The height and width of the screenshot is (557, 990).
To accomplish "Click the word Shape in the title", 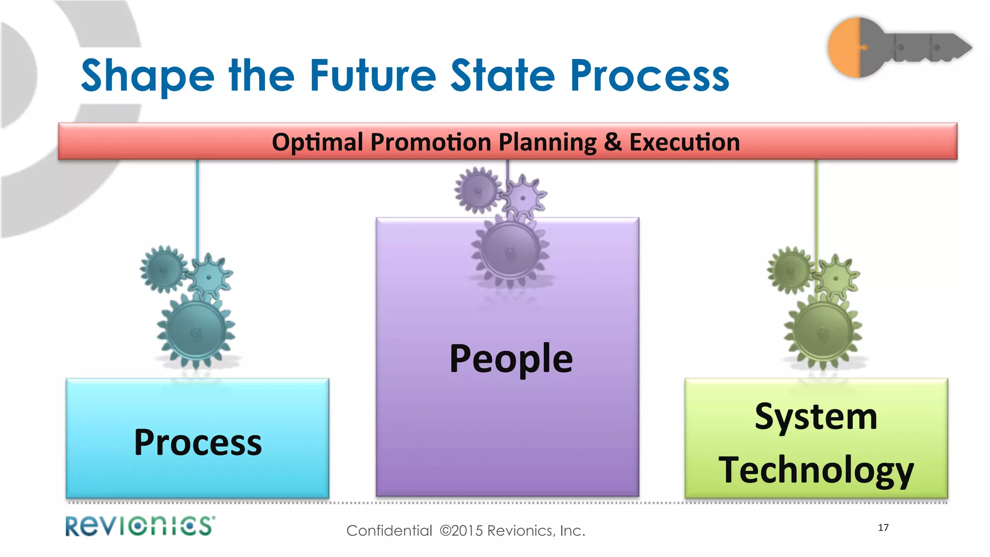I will [x=147, y=76].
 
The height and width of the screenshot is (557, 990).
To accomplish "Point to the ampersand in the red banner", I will [x=612, y=142].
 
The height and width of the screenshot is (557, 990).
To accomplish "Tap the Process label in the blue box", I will [x=198, y=442].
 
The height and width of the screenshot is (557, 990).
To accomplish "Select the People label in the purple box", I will [x=511, y=359].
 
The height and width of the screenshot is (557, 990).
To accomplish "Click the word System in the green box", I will [x=816, y=417].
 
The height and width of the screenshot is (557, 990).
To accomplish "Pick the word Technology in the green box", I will [x=816, y=470].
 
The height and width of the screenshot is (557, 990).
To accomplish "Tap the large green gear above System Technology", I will [x=823, y=332].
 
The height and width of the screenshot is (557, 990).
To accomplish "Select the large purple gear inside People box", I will [x=510, y=250].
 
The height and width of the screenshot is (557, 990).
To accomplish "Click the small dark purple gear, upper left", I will [x=478, y=190].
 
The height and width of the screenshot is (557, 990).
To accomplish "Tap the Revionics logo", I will [x=140, y=526].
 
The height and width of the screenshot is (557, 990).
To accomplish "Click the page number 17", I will [x=883, y=528].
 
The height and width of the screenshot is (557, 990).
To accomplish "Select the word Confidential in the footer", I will [x=389, y=531].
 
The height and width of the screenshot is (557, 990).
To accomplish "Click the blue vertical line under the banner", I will [x=197, y=208].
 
